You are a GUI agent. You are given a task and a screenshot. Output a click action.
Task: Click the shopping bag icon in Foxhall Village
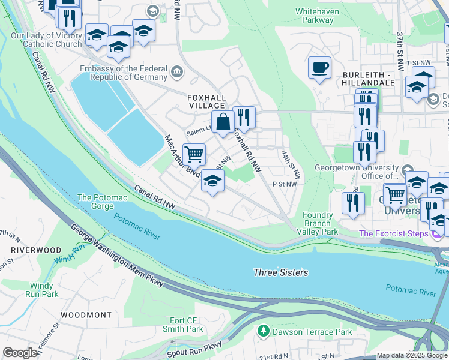223,122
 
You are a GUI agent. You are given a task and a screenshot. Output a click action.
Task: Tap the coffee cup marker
319,68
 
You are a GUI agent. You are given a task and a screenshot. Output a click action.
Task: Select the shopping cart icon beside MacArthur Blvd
194,155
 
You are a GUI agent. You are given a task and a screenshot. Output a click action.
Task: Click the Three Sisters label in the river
281,272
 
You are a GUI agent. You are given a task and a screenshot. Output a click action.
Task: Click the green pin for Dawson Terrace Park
262,331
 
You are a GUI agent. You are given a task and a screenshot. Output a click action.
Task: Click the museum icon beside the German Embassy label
177,73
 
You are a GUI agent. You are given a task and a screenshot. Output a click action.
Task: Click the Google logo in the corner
20,353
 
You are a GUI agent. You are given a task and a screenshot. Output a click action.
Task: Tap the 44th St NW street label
291,164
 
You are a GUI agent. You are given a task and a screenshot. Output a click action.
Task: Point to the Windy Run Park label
42,290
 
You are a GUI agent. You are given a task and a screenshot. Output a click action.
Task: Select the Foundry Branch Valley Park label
318,223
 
